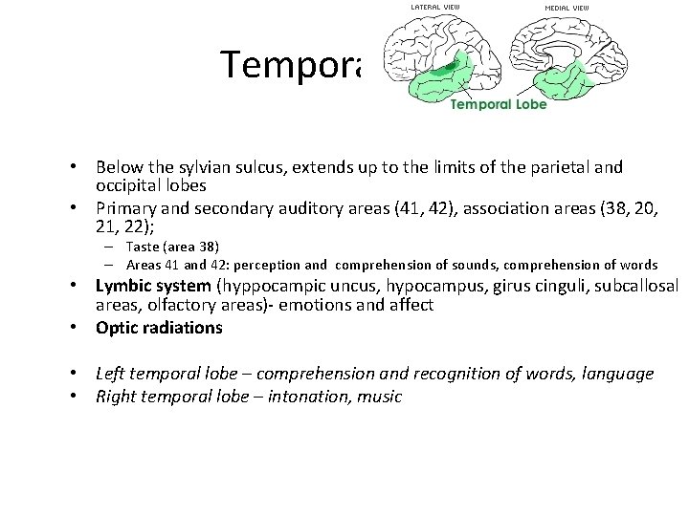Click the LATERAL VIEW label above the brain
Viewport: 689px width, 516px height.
tap(434, 8)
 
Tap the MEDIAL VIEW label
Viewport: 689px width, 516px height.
tap(567, 8)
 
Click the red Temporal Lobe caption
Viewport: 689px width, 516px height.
tap(499, 104)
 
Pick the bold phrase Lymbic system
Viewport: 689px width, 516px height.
tap(153, 286)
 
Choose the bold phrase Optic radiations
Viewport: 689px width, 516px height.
tap(159, 328)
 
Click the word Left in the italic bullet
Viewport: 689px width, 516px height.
tap(112, 374)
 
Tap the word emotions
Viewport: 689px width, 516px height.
tap(314, 305)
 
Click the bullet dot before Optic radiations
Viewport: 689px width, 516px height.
tap(73, 328)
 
